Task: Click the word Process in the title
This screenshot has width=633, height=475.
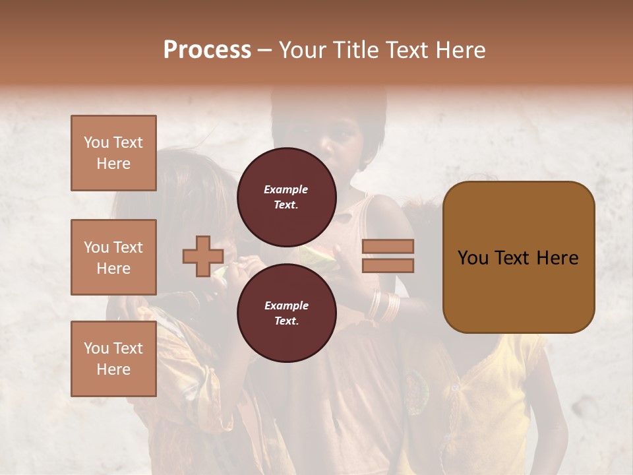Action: (x=207, y=50)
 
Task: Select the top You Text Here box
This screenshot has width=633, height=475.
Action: (x=113, y=153)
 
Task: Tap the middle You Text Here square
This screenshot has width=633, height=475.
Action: (x=113, y=257)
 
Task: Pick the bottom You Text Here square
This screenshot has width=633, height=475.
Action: (x=113, y=359)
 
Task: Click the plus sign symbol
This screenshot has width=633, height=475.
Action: (x=203, y=257)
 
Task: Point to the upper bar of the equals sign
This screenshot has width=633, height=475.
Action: (x=388, y=246)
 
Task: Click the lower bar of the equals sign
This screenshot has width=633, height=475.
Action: (x=388, y=266)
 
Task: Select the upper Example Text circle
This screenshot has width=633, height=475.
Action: (x=286, y=197)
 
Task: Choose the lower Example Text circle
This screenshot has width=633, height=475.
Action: (x=286, y=313)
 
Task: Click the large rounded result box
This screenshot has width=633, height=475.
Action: (x=518, y=257)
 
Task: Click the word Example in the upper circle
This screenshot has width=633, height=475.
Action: (x=286, y=189)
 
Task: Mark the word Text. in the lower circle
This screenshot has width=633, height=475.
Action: (x=286, y=321)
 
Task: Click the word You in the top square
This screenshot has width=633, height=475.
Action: (x=96, y=142)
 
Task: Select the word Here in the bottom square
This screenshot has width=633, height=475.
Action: (x=113, y=369)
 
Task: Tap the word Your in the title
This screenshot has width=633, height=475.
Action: (x=304, y=50)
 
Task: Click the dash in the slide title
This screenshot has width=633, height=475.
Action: (x=264, y=50)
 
